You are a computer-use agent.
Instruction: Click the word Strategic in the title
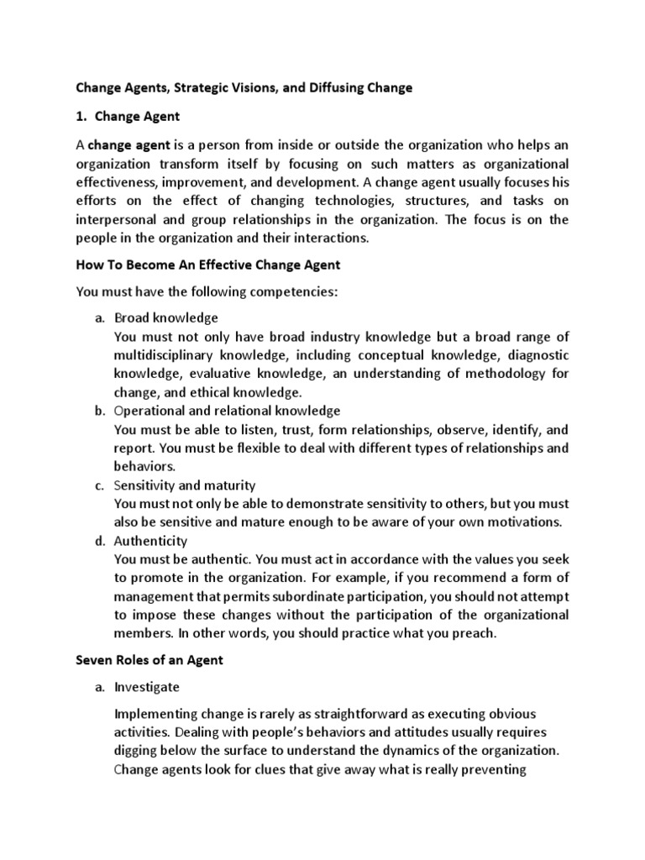point(207,87)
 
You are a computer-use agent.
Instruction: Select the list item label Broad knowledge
point(166,317)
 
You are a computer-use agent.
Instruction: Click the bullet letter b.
point(98,411)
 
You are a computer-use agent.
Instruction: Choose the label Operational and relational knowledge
point(227,411)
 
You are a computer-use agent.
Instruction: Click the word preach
point(477,633)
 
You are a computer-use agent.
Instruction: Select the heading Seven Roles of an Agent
point(149,660)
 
